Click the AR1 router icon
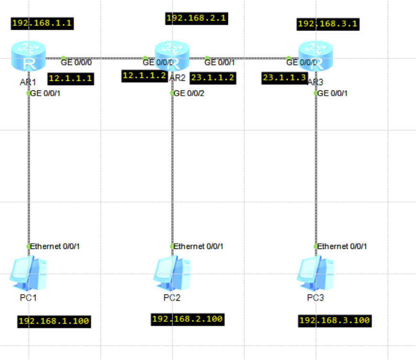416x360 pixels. tap(28, 56)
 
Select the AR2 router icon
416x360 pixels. tap(172, 56)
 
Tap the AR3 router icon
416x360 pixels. tap(316, 56)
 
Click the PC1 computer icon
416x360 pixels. tap(28, 273)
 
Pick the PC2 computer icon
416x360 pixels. tap(172, 273)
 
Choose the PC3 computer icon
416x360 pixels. tap(315, 273)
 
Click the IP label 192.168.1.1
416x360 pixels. tap(42, 23)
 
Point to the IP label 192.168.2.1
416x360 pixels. tap(196, 19)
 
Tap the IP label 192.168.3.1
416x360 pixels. tap(328, 24)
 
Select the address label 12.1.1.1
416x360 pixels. tap(70, 79)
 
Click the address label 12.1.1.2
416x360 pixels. tap(145, 76)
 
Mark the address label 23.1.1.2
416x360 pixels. tap(213, 78)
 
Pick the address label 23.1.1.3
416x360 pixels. tap(285, 78)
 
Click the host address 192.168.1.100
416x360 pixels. tap(54, 322)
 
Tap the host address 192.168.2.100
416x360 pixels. tap(188, 319)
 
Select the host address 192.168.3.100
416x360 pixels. tap(335, 321)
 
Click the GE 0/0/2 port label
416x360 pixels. tap(189, 93)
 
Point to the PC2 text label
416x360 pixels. tap(172, 298)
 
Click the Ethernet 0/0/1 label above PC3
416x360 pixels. tap(342, 247)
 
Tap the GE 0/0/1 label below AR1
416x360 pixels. tap(45, 93)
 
